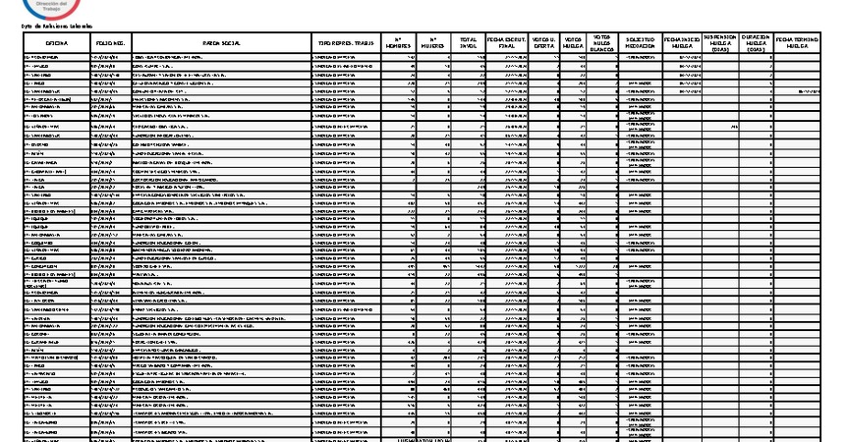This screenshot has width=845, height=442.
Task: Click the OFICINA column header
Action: (x=55, y=44)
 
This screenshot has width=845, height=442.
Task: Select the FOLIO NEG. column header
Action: (x=109, y=44)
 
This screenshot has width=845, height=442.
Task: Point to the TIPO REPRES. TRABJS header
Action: (x=346, y=44)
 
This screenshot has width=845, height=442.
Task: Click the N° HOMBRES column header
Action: (x=398, y=44)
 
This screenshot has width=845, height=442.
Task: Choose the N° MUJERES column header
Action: (x=434, y=44)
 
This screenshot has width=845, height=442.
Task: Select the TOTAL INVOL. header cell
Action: (x=469, y=44)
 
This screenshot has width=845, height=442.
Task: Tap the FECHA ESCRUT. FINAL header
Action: (x=507, y=44)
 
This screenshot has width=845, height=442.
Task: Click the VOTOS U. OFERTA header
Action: (x=543, y=44)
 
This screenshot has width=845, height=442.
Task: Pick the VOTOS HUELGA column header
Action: (x=574, y=44)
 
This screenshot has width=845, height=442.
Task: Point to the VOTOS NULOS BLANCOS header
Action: (x=602, y=43)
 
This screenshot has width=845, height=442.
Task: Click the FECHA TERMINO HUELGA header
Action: (x=799, y=44)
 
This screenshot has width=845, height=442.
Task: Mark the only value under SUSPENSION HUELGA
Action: (x=734, y=127)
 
